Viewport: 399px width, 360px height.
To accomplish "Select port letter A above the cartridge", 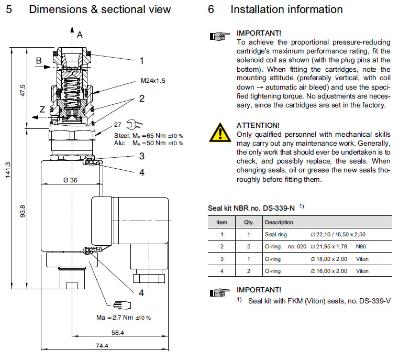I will [80, 35].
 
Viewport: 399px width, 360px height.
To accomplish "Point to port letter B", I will [38, 61].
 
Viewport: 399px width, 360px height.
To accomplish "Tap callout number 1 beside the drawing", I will [141, 61].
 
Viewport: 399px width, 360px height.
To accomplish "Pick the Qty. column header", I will [248, 222].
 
